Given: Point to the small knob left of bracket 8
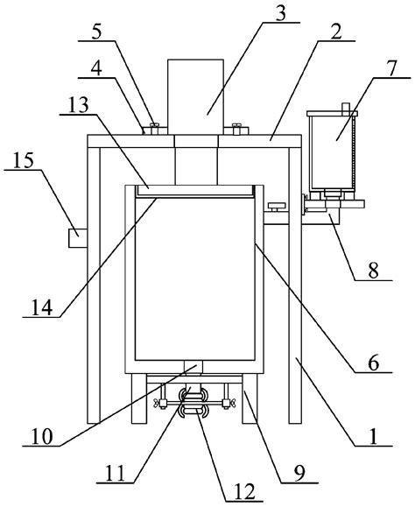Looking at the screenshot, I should [x=278, y=208].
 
